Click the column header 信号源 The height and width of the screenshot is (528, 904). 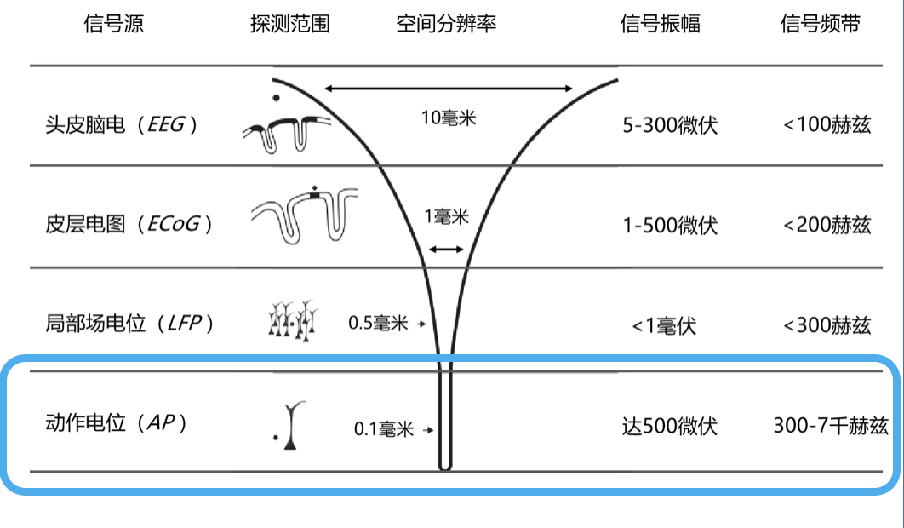click(x=113, y=24)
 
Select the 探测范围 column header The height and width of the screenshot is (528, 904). click(x=289, y=24)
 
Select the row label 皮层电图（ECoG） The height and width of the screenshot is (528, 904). click(x=128, y=224)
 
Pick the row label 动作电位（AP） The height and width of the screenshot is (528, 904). click(x=116, y=422)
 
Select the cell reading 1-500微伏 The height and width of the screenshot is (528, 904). click(x=670, y=225)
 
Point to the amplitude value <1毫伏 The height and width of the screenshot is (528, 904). click(x=664, y=324)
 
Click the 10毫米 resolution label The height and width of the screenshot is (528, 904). click(x=449, y=118)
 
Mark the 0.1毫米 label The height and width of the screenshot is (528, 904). click(x=384, y=429)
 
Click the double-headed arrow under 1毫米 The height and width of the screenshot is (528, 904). click(x=446, y=250)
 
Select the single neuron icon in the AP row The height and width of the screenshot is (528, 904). click(x=294, y=427)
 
